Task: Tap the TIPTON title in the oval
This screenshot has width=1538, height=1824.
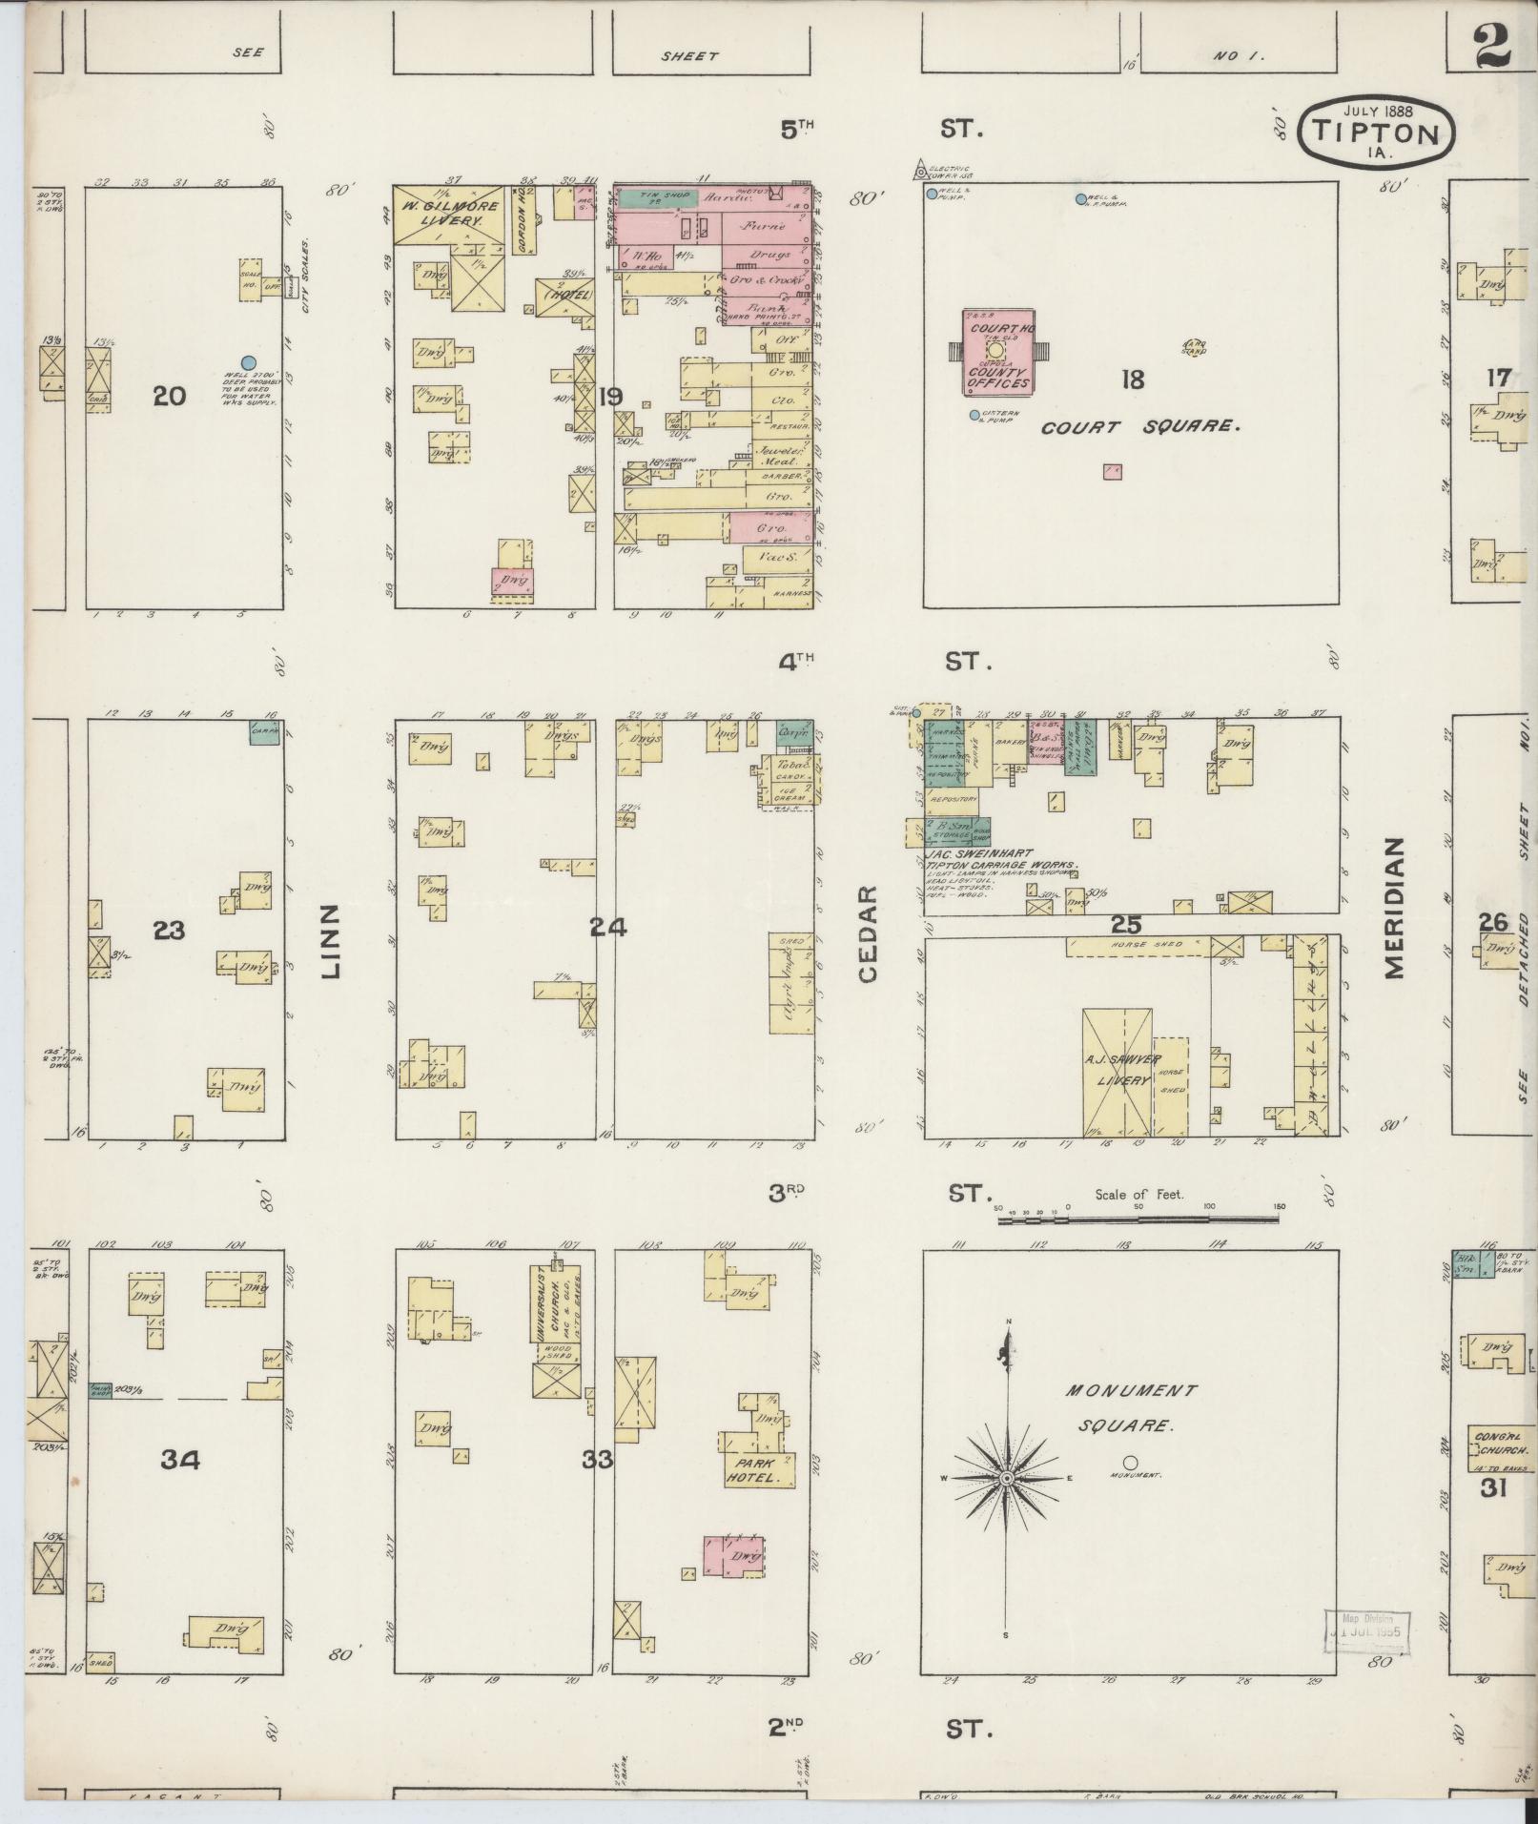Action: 1376,134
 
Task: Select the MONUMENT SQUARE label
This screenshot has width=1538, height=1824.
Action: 1129,1408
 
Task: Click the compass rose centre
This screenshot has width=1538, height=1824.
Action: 1005,1506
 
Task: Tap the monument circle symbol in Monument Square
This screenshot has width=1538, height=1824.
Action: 1130,1489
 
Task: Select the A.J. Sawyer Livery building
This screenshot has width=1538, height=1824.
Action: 1117,1072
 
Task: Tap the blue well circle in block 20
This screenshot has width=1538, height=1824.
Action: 249,362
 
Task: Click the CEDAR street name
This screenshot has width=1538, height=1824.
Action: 867,934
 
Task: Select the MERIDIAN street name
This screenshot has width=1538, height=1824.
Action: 1394,908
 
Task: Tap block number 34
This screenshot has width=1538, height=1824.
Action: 180,1460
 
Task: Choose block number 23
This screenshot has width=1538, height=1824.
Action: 169,930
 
